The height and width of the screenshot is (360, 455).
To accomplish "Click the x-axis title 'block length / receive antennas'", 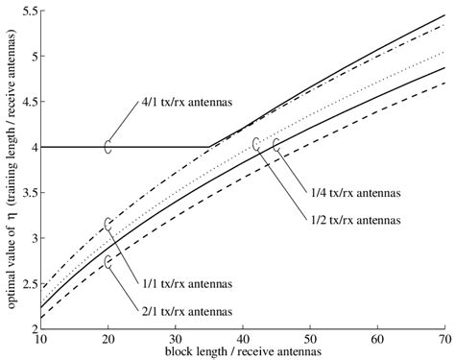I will point(242,351).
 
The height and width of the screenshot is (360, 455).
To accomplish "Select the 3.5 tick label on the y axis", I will point(25,193).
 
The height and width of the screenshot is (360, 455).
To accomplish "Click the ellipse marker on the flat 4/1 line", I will point(108,147).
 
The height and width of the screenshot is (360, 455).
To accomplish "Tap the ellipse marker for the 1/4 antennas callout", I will point(276,145).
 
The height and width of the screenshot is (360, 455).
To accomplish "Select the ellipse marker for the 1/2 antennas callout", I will point(256,144).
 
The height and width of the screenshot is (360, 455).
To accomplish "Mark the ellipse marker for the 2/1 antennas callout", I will point(108,260).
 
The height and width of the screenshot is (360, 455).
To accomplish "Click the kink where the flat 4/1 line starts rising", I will point(209,147).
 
